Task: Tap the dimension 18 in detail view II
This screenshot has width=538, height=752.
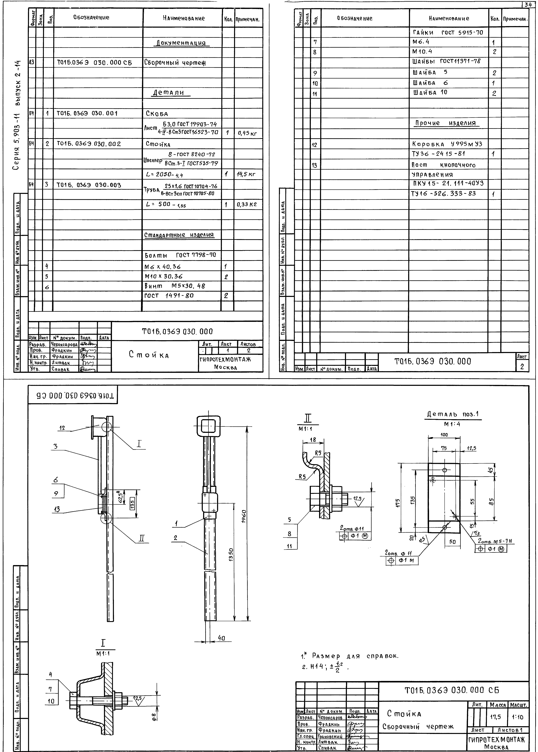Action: click(313, 440)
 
